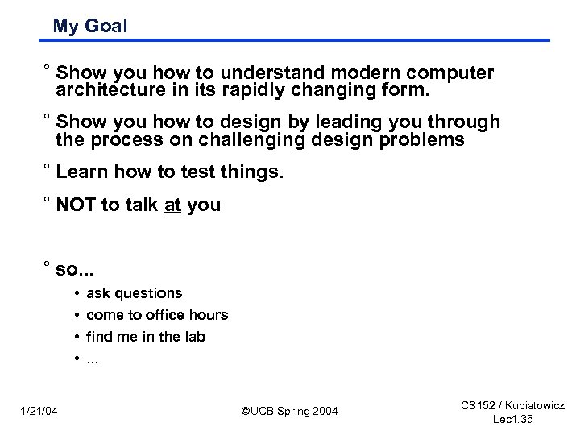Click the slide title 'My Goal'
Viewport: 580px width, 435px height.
[x=89, y=26]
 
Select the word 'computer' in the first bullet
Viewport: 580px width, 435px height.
[x=453, y=73]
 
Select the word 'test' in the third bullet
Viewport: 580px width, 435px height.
[x=201, y=172]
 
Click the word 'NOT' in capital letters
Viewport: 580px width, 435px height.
[x=76, y=205]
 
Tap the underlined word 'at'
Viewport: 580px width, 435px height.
[x=172, y=205]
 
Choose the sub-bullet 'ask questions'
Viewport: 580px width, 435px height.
[x=134, y=293]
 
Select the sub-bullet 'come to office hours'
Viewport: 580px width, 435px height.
[x=156, y=315]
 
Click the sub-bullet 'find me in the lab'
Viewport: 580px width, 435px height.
[x=145, y=336]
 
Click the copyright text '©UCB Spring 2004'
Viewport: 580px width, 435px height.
[x=290, y=412]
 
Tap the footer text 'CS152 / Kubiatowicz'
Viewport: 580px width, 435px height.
[x=512, y=406]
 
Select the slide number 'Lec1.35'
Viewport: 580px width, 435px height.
[x=512, y=420]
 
